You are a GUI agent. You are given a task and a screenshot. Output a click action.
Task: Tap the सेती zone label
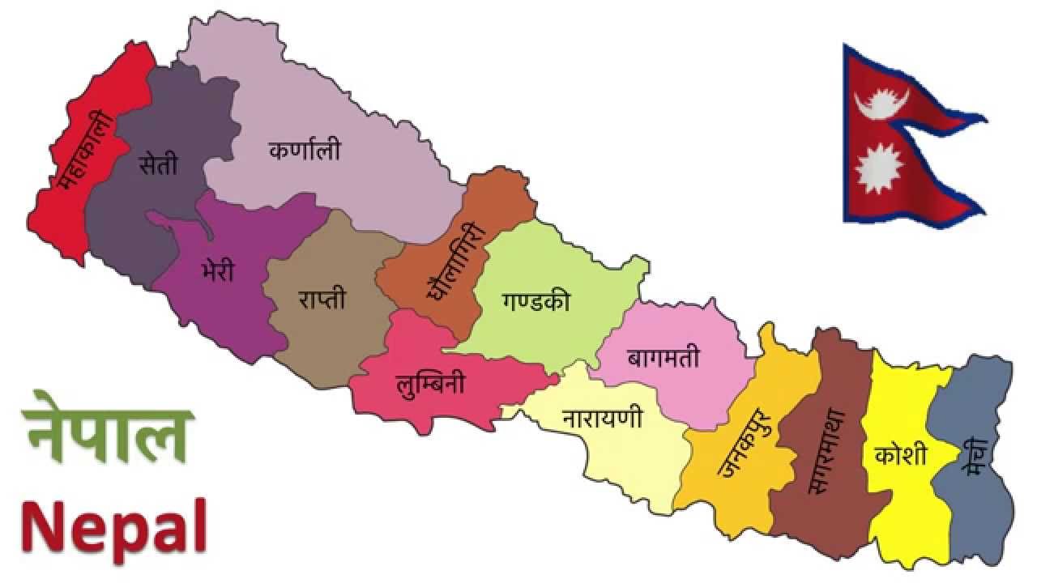point(158,165)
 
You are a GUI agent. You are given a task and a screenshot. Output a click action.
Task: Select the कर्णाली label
point(305,151)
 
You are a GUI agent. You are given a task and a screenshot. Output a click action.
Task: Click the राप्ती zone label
point(322,299)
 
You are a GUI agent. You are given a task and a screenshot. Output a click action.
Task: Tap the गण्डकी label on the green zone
point(536,301)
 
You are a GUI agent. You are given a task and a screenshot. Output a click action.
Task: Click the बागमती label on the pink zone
point(663,357)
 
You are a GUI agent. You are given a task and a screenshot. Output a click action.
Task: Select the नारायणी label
point(602,418)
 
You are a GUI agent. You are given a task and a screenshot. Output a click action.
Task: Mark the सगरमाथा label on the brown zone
point(827,450)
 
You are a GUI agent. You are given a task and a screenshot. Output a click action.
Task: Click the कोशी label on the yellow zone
point(901,455)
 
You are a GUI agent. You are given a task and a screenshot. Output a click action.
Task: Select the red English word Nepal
point(113,524)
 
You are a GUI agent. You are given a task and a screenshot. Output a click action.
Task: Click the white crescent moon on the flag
point(881,102)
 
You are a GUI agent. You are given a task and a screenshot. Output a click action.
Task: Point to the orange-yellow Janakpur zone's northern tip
point(767,331)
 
